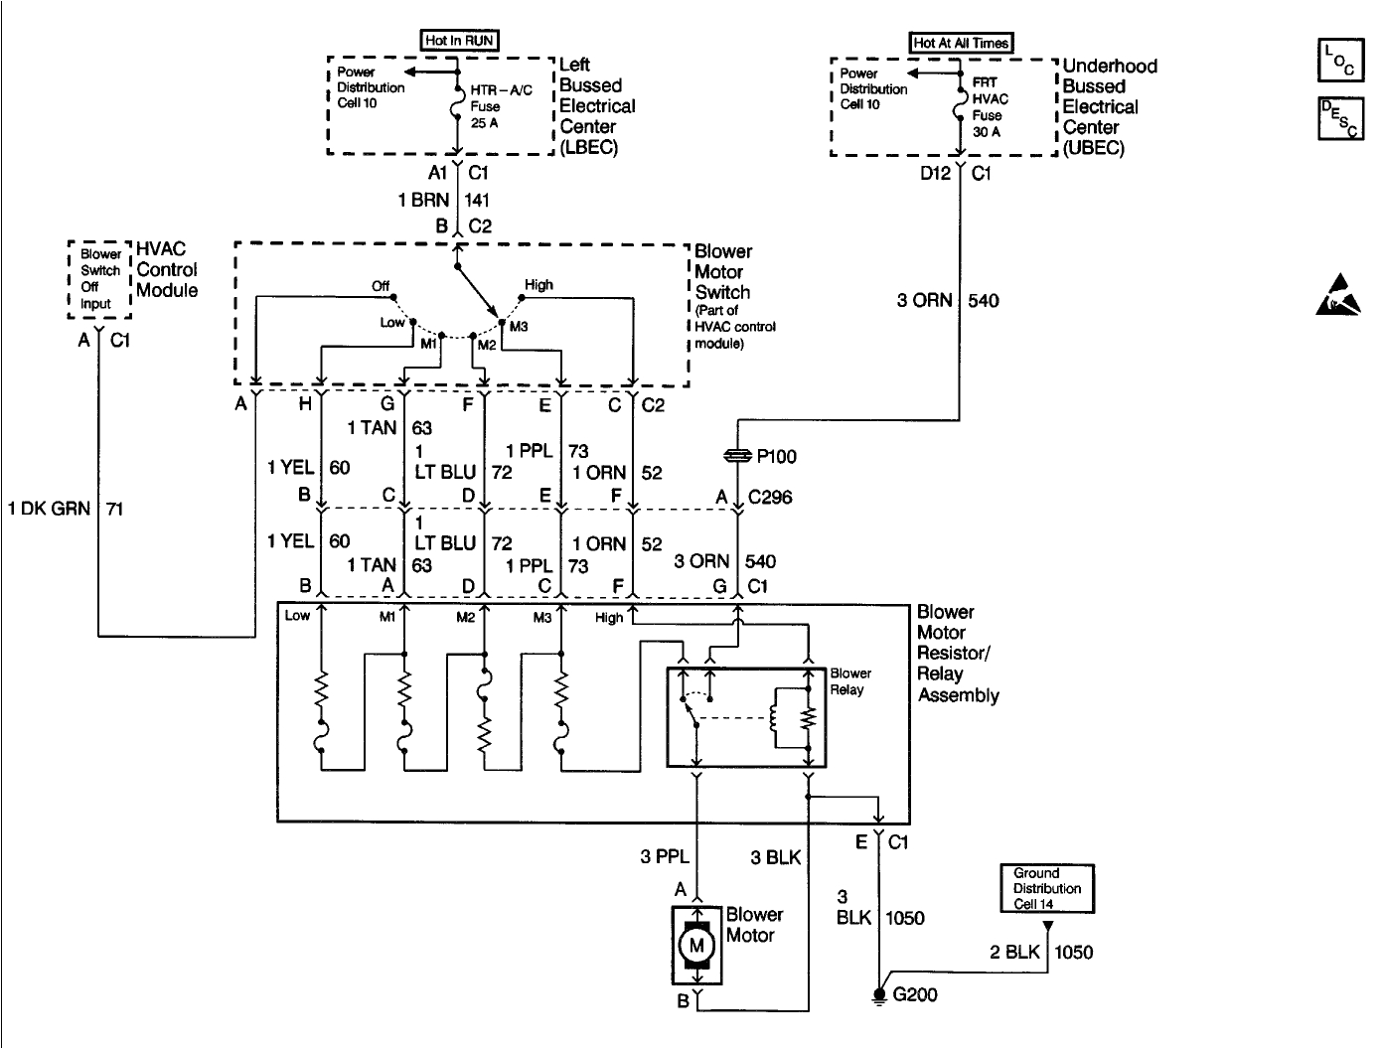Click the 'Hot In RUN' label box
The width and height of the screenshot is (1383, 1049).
tap(459, 41)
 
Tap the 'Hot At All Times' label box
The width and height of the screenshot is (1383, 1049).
tap(961, 43)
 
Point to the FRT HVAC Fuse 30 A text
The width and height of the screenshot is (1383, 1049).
tap(989, 107)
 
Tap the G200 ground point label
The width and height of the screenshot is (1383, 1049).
tap(915, 994)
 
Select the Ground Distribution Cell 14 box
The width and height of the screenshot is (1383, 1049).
tap(1046, 888)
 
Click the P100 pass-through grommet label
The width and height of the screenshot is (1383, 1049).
tap(776, 456)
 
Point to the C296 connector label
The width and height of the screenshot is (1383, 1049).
tap(769, 497)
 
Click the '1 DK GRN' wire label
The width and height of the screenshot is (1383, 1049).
tap(49, 509)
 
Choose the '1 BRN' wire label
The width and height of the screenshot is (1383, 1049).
tap(423, 200)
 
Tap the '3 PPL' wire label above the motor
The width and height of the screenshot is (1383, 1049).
tap(664, 856)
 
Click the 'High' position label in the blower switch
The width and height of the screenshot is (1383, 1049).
tap(538, 284)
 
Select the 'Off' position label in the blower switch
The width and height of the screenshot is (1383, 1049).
tap(381, 285)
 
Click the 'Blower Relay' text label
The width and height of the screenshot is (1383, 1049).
tap(849, 681)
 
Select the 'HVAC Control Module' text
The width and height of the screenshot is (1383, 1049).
tap(166, 269)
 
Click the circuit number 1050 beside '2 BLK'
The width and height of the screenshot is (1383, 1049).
tap(1073, 953)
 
